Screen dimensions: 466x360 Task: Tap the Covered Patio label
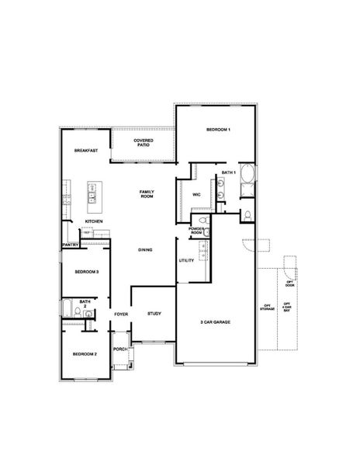tap(143, 142)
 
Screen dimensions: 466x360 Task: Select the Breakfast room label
tap(85, 150)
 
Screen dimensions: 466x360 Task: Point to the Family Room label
tap(146, 193)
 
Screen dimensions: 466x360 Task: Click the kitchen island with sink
tap(94, 193)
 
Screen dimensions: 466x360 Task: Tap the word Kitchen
tap(94, 221)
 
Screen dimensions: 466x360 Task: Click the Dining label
tap(145, 249)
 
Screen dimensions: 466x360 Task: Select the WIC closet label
tap(197, 194)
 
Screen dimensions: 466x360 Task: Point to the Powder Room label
tap(196, 231)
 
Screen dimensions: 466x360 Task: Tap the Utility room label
tap(186, 260)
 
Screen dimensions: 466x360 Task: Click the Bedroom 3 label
tap(85, 272)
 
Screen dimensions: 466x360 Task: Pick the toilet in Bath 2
tap(88, 313)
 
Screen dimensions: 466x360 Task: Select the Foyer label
tap(121, 314)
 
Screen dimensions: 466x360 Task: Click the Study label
tap(154, 313)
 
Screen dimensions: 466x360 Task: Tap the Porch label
tap(120, 349)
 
